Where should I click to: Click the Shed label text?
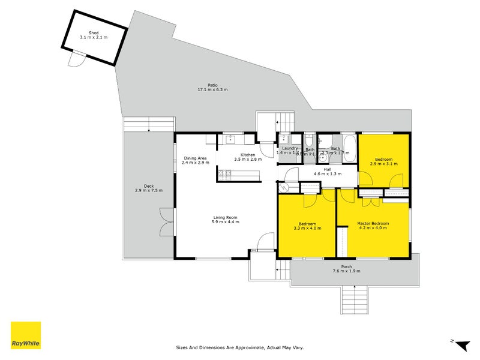[93, 32]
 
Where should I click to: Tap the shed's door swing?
[76, 59]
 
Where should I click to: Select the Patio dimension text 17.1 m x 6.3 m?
[212, 90]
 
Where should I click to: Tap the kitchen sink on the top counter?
[231, 140]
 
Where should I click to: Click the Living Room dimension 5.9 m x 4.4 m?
[225, 222]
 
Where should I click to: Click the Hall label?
[328, 169]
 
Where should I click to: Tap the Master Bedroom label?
[373, 223]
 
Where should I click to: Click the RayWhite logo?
[26, 336]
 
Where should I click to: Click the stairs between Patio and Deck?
[149, 124]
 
